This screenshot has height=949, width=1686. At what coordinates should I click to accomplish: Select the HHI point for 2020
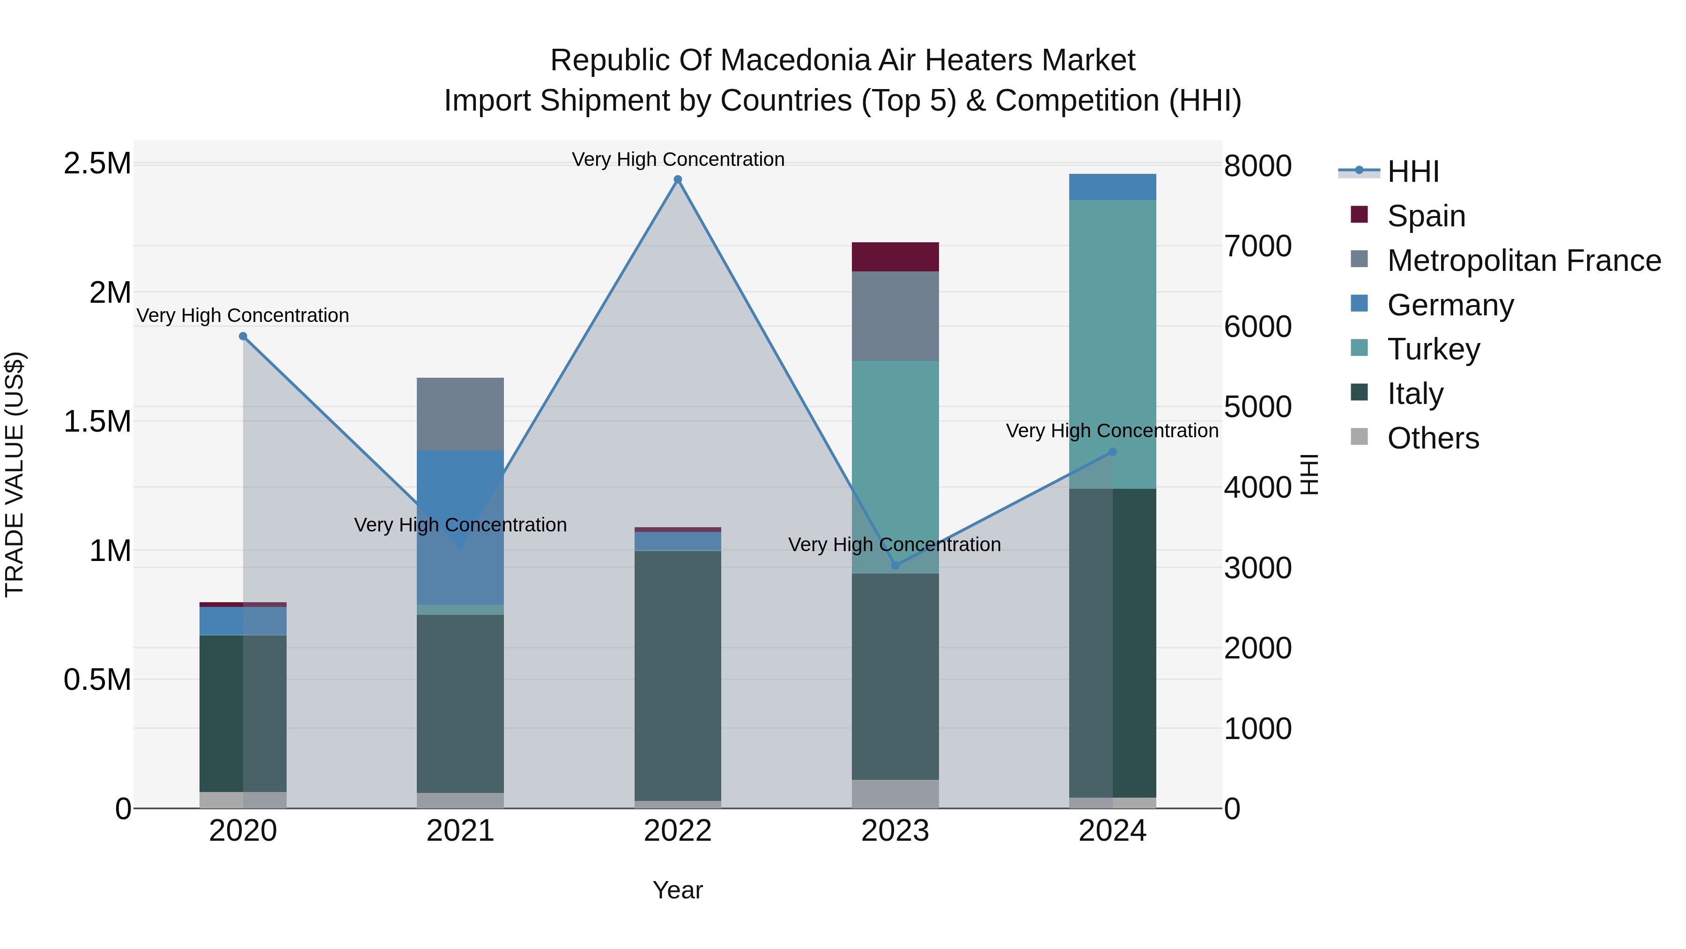[x=243, y=336]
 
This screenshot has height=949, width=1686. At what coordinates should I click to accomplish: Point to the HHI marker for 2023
[x=895, y=565]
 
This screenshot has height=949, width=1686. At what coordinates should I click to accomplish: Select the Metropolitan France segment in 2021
[x=460, y=414]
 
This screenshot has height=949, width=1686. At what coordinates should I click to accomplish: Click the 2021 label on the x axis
[x=460, y=831]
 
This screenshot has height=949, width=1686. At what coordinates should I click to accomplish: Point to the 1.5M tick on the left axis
[x=97, y=421]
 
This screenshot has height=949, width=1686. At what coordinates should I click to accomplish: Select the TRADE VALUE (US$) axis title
[x=15, y=474]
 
